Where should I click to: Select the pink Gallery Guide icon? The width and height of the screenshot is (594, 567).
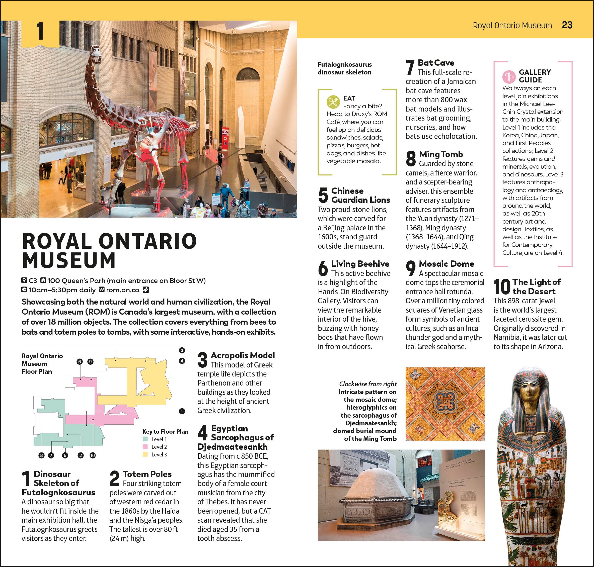coord(509,76)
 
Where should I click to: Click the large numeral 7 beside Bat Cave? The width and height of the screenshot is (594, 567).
coord(410,67)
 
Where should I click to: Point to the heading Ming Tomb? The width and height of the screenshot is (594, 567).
coord(441,154)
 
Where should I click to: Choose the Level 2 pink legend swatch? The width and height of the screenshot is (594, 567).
coord(145,447)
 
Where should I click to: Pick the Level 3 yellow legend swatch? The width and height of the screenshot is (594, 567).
coord(145,454)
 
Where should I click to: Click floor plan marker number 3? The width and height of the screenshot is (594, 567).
coord(182,350)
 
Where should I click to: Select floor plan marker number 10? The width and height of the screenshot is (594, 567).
coord(93,455)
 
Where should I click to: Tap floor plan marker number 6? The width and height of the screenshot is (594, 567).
coord(80,361)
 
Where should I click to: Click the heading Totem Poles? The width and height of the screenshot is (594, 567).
coord(147,474)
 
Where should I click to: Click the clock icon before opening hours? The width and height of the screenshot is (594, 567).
coord(24,290)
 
